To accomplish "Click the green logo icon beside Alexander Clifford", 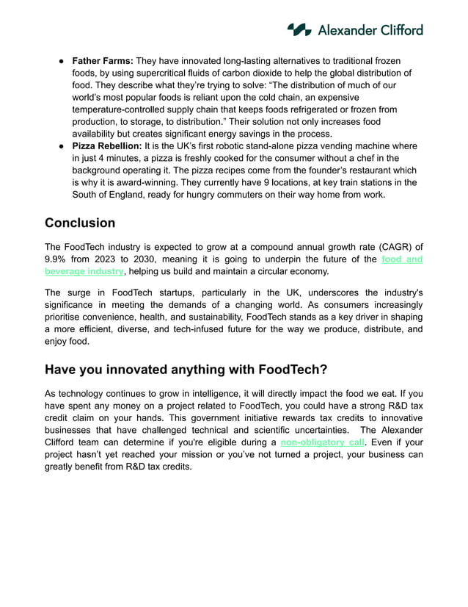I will [299, 29].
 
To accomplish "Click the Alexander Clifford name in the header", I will [370, 30].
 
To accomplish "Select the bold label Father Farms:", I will [102, 60].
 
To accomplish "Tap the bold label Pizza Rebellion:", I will [107, 146].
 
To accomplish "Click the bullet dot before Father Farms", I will [63, 60].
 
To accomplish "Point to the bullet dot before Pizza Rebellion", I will [63, 146].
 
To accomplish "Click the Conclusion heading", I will [80, 223].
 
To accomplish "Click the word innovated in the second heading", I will [139, 369].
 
